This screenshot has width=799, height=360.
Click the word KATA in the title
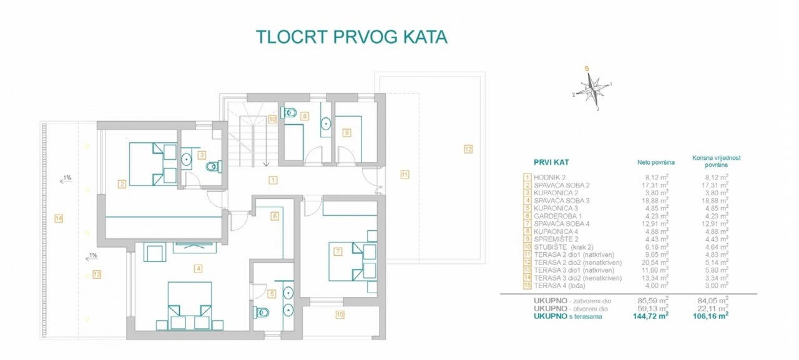pos(425,37)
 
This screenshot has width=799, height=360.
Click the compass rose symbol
pos(593,89)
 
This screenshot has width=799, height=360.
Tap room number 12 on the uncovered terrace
pos(468,149)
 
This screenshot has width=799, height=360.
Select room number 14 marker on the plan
pos(59,218)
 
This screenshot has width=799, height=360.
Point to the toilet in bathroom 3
pos(214,167)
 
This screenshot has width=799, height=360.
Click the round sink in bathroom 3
pos(186,159)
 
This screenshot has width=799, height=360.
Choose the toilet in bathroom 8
pos(289,113)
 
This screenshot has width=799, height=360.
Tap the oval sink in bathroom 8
pos(326,124)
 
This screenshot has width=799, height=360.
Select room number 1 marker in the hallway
pos(273,180)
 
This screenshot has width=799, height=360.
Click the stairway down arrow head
pos(266,164)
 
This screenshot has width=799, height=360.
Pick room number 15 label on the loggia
pos(340,314)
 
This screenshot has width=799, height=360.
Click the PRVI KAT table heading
pos(551,163)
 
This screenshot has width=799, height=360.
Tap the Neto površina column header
pos(656,163)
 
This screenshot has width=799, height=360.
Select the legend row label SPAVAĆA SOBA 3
pos(562,201)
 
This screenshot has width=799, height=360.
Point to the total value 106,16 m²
pos(710,316)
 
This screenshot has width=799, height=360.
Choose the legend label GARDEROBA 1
pos(557,216)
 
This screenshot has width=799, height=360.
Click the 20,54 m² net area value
pos(655,262)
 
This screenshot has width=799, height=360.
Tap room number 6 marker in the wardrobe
pos(274,216)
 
